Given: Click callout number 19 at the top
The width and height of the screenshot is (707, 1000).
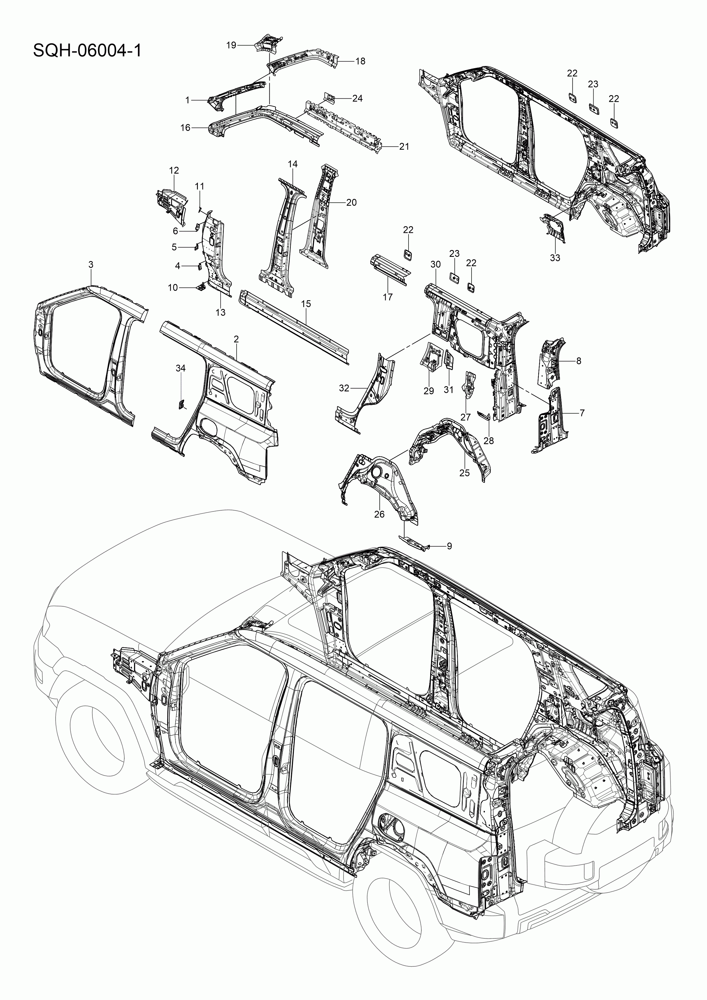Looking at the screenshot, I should (x=231, y=45).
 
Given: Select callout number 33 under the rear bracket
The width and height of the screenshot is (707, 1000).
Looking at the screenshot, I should (x=554, y=258).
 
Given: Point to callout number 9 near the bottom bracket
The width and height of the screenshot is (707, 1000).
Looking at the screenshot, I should (x=449, y=546).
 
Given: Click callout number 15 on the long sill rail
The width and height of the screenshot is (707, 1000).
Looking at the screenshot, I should (x=306, y=304).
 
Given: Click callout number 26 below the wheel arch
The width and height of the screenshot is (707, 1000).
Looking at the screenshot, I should (x=379, y=514).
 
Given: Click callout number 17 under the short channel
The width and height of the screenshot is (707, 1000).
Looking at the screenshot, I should (x=387, y=297).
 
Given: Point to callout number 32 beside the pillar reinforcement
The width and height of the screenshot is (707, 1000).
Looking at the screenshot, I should (x=344, y=388).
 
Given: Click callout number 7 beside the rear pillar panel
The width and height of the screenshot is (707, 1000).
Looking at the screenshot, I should (x=582, y=412).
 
